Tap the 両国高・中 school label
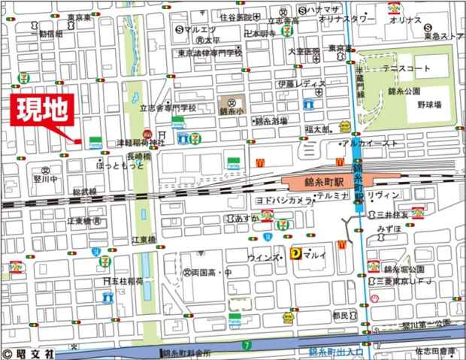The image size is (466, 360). point(208,273)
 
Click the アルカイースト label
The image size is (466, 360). point(368,143)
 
